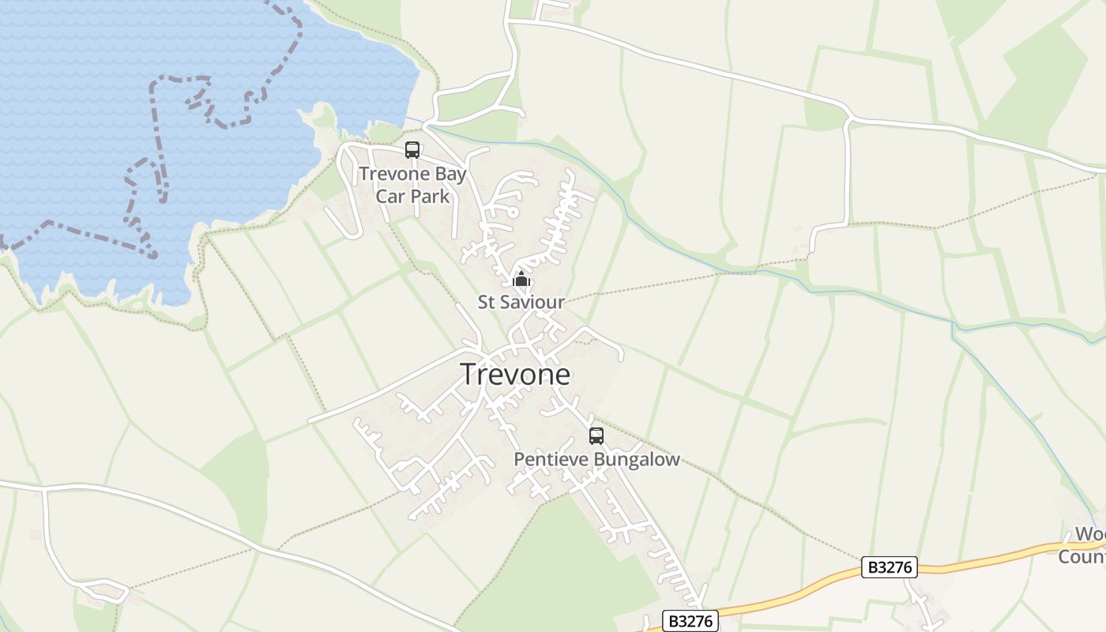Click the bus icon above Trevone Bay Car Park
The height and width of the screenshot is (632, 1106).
click(412, 149)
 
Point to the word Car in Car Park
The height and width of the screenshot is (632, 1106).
click(390, 196)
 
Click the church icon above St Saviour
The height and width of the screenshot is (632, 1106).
click(521, 280)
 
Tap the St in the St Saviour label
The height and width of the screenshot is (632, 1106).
click(486, 302)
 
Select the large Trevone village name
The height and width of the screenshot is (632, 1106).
click(515, 374)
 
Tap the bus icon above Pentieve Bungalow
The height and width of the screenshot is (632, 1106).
click(596, 435)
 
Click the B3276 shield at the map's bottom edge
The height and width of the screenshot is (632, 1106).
click(690, 621)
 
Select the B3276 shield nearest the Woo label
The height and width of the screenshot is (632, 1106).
click(890, 567)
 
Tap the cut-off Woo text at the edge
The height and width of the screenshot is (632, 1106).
click(1090, 535)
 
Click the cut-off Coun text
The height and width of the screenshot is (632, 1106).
click(1082, 556)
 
